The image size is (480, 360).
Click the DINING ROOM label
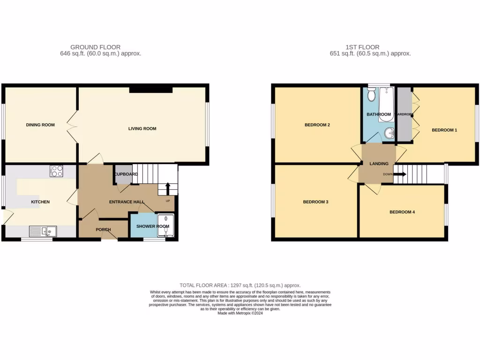(40, 125)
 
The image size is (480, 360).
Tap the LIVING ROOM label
(142, 128)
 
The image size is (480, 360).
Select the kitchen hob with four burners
(57, 171)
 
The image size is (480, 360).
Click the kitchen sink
(43, 231)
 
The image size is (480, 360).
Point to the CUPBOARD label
(125, 174)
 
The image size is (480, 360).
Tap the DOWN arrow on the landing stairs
(399, 174)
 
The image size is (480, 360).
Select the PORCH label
(103, 230)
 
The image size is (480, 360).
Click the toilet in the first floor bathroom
(372, 96)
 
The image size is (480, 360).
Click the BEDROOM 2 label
(317, 125)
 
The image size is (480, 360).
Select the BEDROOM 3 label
(315, 202)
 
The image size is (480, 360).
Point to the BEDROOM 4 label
(402, 212)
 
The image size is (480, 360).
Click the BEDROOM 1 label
(444, 130)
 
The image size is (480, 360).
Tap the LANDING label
(379, 164)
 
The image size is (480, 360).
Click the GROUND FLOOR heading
(95, 47)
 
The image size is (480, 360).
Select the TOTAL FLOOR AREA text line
(240, 285)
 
